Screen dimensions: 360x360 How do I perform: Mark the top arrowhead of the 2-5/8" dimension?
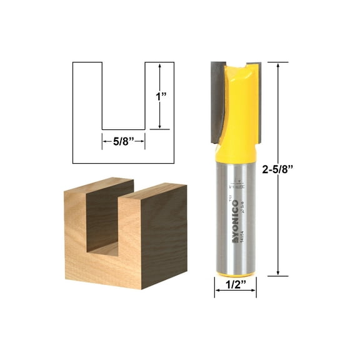point(277,65)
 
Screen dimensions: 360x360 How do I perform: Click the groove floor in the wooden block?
point(106,247)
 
